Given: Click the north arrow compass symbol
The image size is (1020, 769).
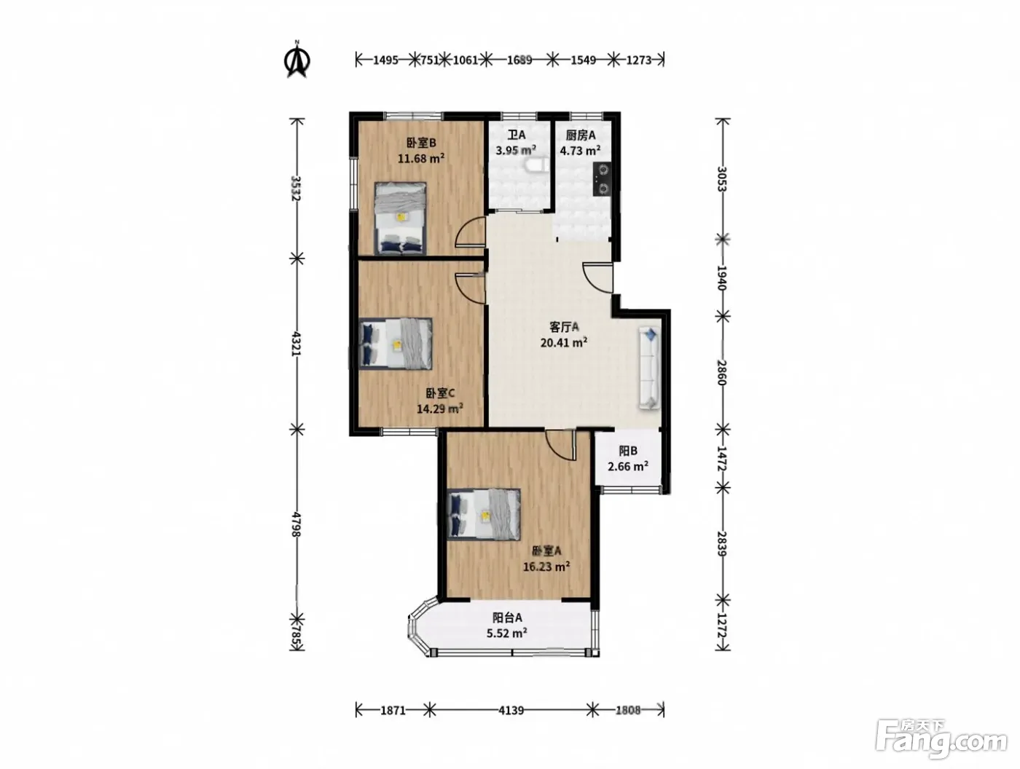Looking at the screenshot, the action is tap(297, 60).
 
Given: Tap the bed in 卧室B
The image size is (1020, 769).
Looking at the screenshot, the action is tap(401, 218).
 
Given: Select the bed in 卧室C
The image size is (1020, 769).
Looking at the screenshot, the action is tap(396, 343).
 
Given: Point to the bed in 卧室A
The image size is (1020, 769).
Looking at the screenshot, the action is tap(483, 514).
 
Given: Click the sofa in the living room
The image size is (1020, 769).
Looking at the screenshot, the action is tap(650, 368).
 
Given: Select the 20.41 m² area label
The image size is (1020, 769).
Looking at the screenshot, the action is tap(564, 343).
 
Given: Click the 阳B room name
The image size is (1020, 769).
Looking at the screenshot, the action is tap(628, 451).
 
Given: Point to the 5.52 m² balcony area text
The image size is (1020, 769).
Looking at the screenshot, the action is tap(506, 633).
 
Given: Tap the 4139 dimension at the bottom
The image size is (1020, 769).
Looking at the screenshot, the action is tap(511, 710).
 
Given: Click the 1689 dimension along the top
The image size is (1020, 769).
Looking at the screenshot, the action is tap(519, 60).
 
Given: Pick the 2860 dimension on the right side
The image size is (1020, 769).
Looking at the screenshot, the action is tap(722, 372).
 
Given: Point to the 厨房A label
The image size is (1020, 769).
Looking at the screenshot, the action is tap(581, 135).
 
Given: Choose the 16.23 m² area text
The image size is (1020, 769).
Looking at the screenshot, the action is tap(546, 567).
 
